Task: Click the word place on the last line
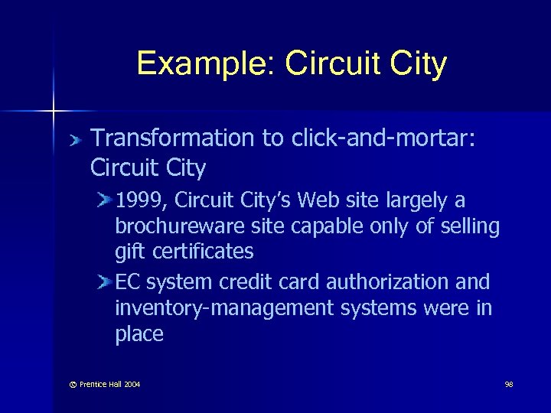coord(139,334)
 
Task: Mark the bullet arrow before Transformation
coord(74,140)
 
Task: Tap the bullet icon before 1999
coord(105,201)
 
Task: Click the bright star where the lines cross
coord(54,112)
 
